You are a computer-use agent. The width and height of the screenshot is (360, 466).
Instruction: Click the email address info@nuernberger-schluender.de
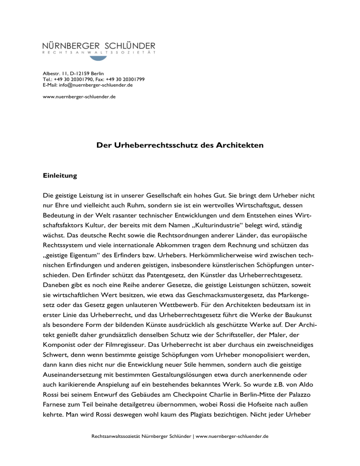pos(88,84)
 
